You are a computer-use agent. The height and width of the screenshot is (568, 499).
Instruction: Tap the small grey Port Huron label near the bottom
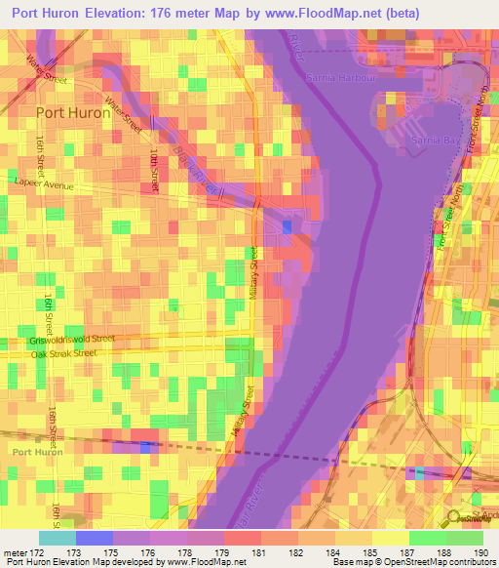pyautogui.click(x=36, y=451)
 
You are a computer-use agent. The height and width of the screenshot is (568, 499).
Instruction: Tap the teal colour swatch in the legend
pyautogui.click(x=58, y=538)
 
